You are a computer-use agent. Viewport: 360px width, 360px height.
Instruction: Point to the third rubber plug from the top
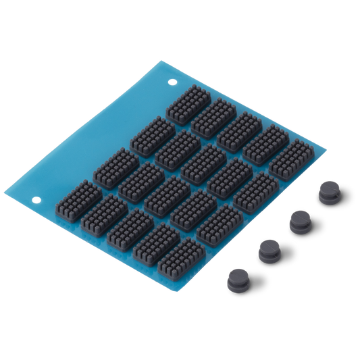point(268,250)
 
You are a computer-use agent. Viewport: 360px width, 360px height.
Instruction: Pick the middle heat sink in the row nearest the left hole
point(127,228)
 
